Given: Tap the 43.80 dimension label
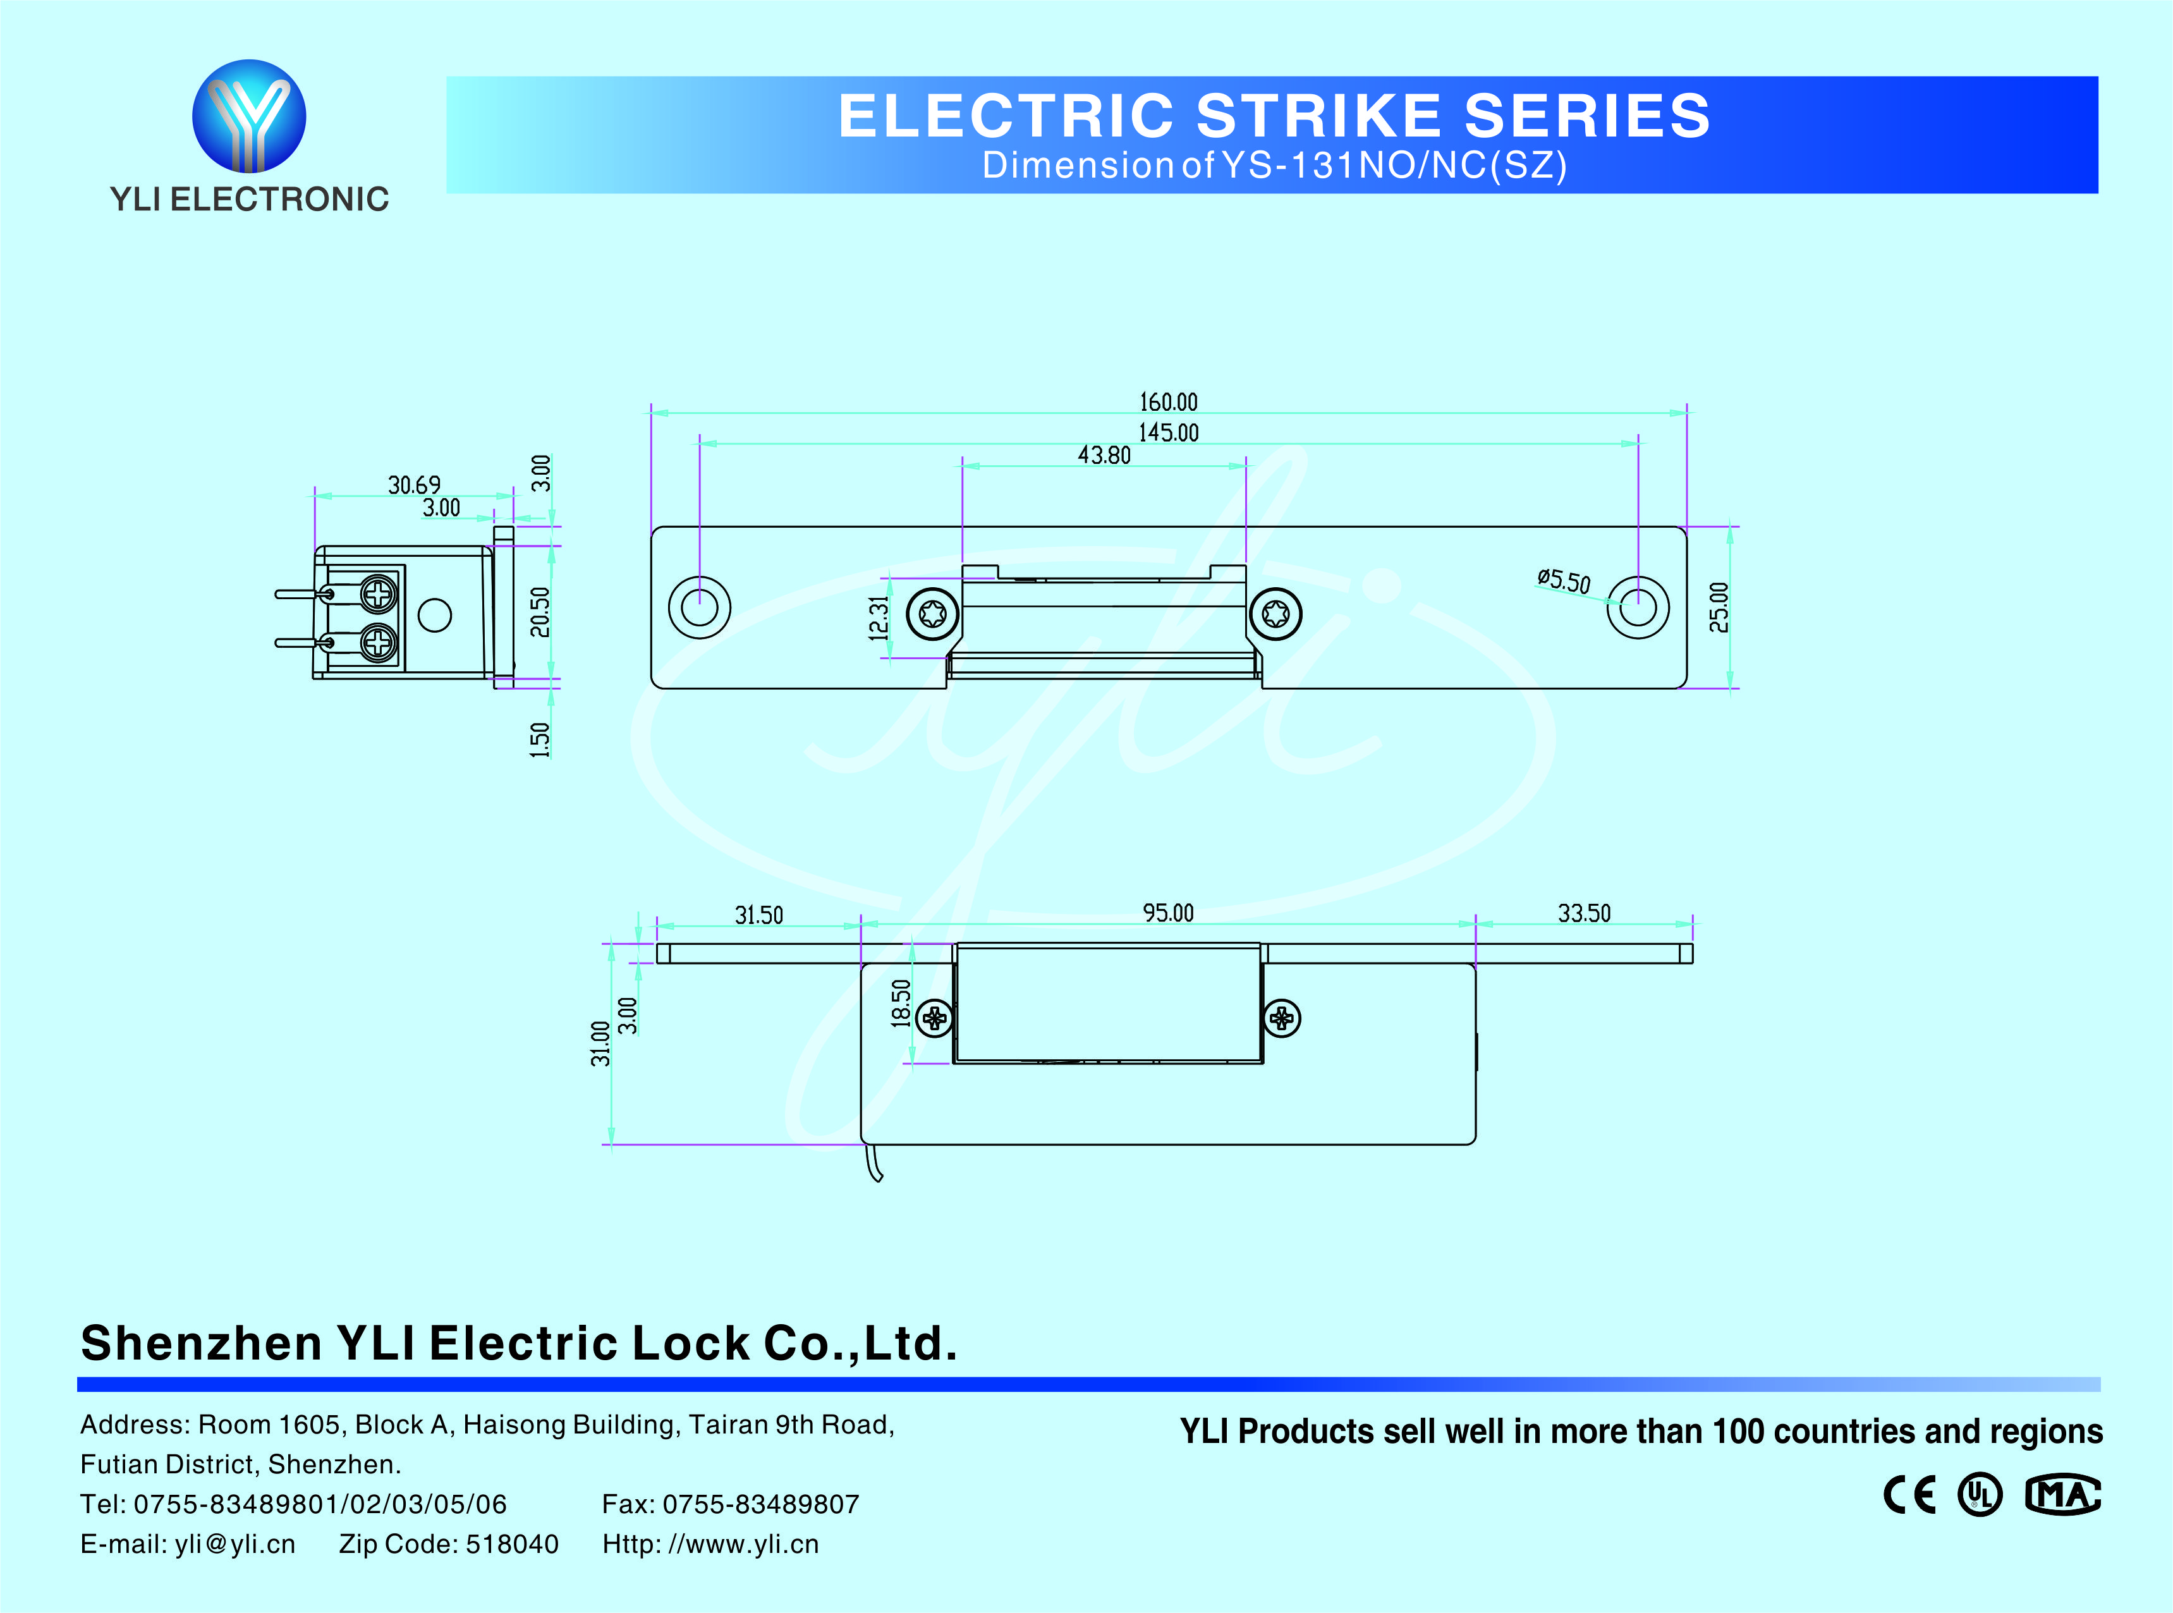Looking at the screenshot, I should click(x=1104, y=455).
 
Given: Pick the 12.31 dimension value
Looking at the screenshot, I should click(x=879, y=618).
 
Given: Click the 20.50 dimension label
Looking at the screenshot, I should click(x=540, y=612).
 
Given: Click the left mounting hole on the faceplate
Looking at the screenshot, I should click(x=699, y=607).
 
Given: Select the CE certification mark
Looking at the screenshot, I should click(x=1909, y=1494).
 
